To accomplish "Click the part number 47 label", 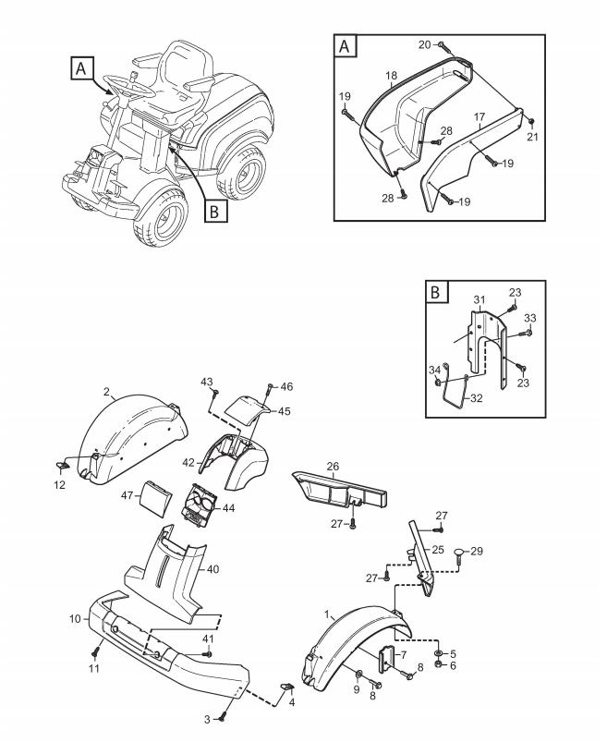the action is pos(127,496).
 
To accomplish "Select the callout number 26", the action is pos(334,466).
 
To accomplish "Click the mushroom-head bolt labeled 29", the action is pos(459,555).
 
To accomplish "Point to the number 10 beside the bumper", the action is pos(75,618).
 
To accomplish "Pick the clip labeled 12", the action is pos(62,466).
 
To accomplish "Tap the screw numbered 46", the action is pos(270,390).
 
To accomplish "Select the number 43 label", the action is pos(207,382).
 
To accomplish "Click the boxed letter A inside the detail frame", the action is pos(345,46).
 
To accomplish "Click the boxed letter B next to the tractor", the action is pos(214,211).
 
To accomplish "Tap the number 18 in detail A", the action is pos(391,76).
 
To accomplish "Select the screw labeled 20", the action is pos(443,46).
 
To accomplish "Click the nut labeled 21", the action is pos(530,122).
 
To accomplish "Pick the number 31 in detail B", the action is pos(480,299).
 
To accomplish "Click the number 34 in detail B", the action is pos(435,370).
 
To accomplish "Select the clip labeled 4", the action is pos(287,686).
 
